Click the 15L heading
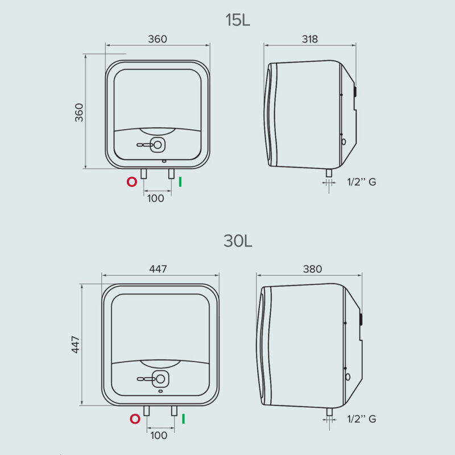coord(238,20)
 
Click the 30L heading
coord(238,241)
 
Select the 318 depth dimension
coord(309,39)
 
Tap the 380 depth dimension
coord(312,269)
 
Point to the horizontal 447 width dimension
coord(158,269)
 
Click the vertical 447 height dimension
coord(76,345)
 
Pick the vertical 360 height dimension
coord(79,112)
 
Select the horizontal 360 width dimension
coord(158,39)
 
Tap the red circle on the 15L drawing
coord(132,182)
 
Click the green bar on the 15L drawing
coord(180,182)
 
